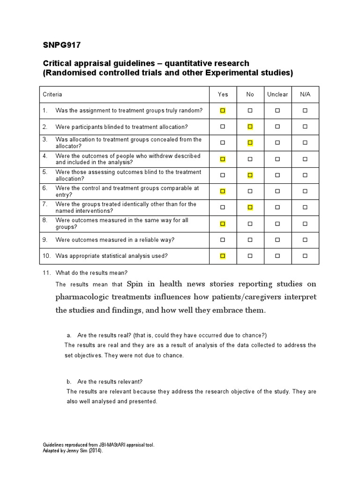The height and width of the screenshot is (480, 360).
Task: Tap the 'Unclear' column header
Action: pos(277,94)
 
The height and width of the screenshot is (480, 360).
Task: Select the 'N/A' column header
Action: pos(305,94)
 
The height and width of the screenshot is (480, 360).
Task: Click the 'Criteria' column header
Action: pos(52,94)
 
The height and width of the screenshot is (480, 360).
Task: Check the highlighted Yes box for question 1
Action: pos(223,111)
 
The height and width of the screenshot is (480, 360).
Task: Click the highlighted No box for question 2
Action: pos(250,127)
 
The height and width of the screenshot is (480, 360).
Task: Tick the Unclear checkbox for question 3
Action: pos(277,142)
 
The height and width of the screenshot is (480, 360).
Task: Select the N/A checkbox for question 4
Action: pos(305,159)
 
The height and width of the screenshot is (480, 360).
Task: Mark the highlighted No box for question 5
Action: pos(250,175)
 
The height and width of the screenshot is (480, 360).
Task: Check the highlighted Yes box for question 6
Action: pos(223,191)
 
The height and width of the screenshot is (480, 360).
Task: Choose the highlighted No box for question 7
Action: pos(250,207)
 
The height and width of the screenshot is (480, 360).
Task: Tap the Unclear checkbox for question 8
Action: pos(277,224)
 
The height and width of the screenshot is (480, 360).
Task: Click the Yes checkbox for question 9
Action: pos(223,240)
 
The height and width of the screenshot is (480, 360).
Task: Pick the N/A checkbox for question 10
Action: pos(305,256)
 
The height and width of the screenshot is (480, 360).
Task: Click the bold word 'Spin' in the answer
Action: pos(136,284)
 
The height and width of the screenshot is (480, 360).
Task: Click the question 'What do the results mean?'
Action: pos(91,272)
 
